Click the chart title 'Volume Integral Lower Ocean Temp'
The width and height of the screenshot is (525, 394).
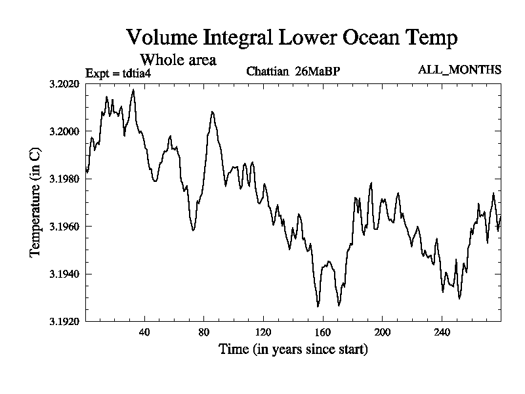point(291,37)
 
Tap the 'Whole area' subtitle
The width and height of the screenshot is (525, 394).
point(178,60)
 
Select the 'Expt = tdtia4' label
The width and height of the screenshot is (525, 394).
point(121,73)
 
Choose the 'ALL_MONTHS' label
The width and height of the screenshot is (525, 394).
point(459,70)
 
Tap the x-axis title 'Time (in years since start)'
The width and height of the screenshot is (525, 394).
point(293,349)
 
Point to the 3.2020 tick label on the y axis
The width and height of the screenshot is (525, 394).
point(64,84)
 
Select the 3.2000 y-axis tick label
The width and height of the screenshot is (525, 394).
point(64,131)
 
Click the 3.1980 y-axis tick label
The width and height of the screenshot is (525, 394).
point(64,179)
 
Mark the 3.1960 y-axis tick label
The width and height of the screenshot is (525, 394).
point(64,227)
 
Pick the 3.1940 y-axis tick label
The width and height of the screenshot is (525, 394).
point(64,274)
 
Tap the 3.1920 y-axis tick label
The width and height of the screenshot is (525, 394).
point(64,321)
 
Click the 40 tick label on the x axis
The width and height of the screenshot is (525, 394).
point(144,332)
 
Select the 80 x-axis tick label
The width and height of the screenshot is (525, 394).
point(204,332)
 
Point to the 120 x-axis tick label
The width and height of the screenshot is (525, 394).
point(263,332)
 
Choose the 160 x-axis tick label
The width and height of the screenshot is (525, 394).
point(323,332)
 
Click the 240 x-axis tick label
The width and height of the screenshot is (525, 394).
point(442,332)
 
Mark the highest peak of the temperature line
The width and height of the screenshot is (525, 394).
point(133,89)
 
